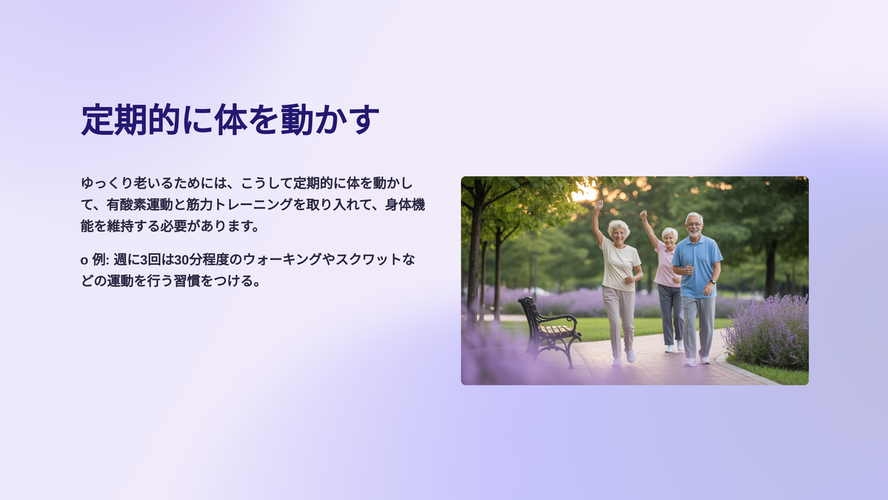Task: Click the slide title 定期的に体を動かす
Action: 230,119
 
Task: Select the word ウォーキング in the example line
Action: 282,259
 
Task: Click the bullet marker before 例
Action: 84,261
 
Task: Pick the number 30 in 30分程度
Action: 181,259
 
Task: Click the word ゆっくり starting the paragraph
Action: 107,184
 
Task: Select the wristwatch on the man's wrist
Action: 713,281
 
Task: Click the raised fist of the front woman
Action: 599,204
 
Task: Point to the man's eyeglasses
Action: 694,224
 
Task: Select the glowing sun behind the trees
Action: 585,193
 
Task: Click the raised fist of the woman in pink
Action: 643,215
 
